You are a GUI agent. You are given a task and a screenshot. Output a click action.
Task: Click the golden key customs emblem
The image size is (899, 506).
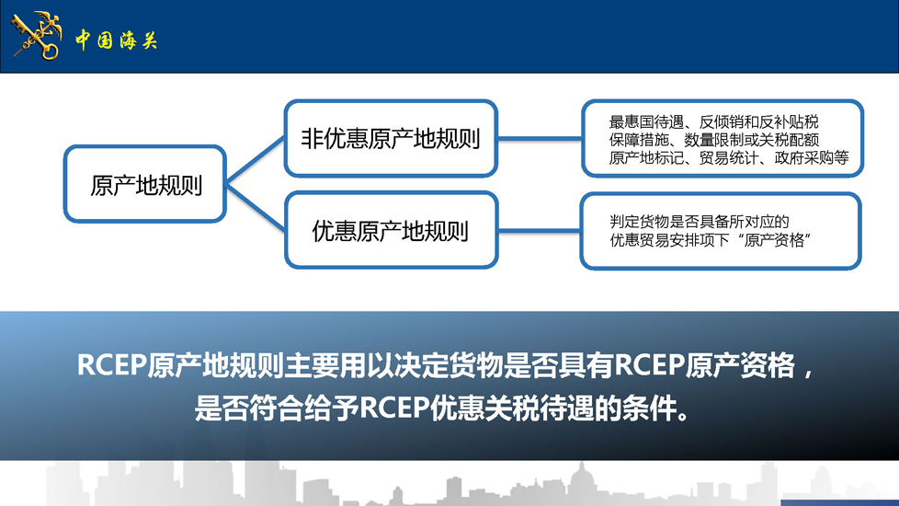pos(36,36)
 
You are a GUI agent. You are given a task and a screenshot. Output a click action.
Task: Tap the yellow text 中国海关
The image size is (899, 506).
pos(116,40)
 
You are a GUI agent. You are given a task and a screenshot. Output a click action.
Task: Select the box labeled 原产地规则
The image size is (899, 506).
pos(145,184)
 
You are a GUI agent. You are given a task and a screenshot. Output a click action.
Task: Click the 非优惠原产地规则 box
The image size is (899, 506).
pos(391,138)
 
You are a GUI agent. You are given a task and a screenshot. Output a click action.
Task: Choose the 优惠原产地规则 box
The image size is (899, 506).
pos(391,230)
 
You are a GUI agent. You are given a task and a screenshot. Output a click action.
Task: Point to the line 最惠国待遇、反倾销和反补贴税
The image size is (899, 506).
pos(714,121)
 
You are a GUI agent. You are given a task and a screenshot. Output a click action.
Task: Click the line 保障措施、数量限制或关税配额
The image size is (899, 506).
pos(714,140)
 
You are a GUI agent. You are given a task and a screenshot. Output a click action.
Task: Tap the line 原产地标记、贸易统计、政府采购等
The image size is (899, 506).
pos(729,157)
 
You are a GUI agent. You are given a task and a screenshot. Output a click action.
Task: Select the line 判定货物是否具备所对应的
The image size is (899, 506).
pos(700,222)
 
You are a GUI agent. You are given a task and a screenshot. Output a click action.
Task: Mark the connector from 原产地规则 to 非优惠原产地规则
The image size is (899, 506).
pos(256,160)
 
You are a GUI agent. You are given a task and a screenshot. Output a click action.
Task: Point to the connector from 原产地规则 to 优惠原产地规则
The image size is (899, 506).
pos(256,207)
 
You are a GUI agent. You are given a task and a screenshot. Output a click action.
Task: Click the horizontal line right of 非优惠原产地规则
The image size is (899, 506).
pos(540,138)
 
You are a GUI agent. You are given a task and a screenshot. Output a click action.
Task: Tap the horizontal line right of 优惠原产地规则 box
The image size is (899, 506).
pos(539,231)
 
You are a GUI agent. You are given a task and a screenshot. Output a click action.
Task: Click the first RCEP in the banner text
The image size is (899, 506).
pos(111,365)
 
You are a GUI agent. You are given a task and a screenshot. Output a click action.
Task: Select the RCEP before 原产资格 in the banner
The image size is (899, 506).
pos(649,365)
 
